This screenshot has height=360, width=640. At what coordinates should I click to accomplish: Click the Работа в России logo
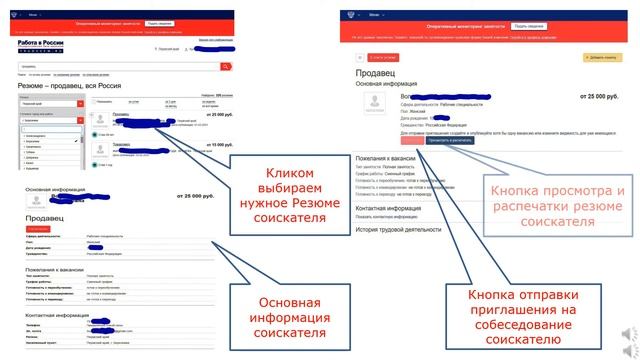(x=49, y=46)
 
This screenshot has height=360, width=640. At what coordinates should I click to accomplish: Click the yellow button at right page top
(x=603, y=58)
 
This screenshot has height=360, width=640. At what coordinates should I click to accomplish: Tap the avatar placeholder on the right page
(x=378, y=108)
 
